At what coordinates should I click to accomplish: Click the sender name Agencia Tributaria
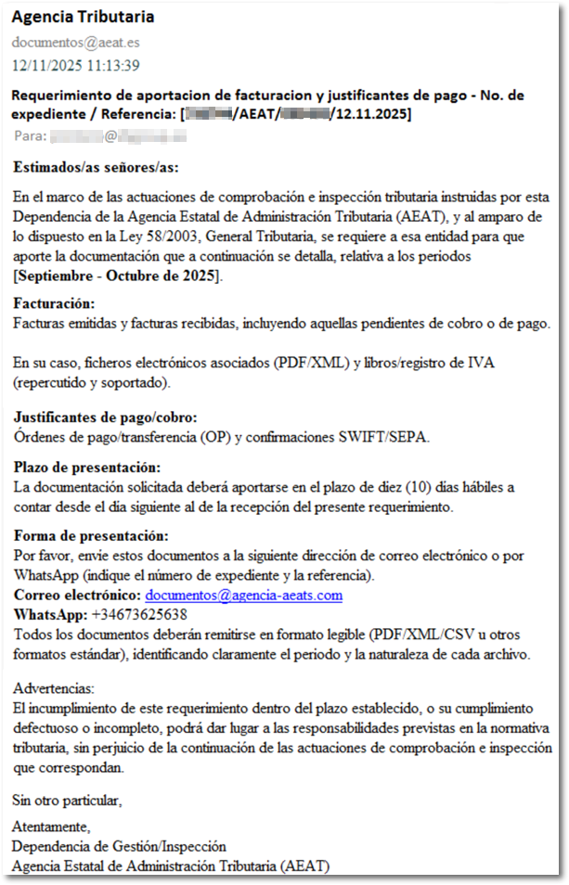tap(83, 18)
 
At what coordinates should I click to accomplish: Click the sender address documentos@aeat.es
tap(75, 43)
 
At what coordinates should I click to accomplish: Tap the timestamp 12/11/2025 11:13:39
tap(75, 65)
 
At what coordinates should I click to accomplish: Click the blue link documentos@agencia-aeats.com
tap(244, 596)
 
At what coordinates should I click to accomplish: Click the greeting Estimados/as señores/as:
tap(96, 168)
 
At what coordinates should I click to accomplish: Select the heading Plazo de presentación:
tap(87, 468)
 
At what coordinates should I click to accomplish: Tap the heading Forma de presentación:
tap(90, 536)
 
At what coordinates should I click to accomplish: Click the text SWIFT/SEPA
tap(396, 437)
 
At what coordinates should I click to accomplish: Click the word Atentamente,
tap(51, 826)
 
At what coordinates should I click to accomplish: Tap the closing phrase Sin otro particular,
tap(66, 799)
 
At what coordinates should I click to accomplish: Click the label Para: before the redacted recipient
tap(30, 136)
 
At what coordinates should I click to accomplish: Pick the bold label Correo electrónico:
tap(76, 596)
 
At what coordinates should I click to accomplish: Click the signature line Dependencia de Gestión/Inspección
tap(119, 846)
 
